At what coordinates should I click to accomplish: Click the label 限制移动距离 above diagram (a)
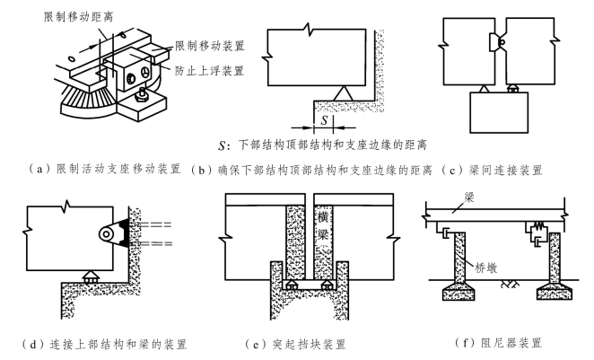[x=78, y=17]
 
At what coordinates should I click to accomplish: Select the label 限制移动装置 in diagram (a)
[x=210, y=46]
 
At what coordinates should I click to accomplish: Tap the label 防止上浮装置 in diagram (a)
[x=210, y=71]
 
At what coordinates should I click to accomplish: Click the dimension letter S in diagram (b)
[x=324, y=120]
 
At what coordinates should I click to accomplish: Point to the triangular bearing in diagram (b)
[x=344, y=93]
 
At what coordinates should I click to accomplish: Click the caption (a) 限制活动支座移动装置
[x=105, y=169]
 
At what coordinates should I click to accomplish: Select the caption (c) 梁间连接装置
[x=492, y=171]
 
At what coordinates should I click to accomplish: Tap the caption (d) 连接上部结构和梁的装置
[x=105, y=344]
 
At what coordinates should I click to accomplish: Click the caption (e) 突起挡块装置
[x=295, y=344]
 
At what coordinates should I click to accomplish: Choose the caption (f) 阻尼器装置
[x=498, y=343]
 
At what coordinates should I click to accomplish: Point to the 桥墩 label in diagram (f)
[x=486, y=268]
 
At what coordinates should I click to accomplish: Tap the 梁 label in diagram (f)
[x=469, y=198]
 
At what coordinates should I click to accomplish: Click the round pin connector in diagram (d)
[x=107, y=234]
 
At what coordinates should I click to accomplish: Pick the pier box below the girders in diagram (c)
[x=499, y=112]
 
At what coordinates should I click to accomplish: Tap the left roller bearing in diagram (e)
[x=291, y=285]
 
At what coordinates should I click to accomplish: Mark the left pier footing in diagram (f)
[x=459, y=292]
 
